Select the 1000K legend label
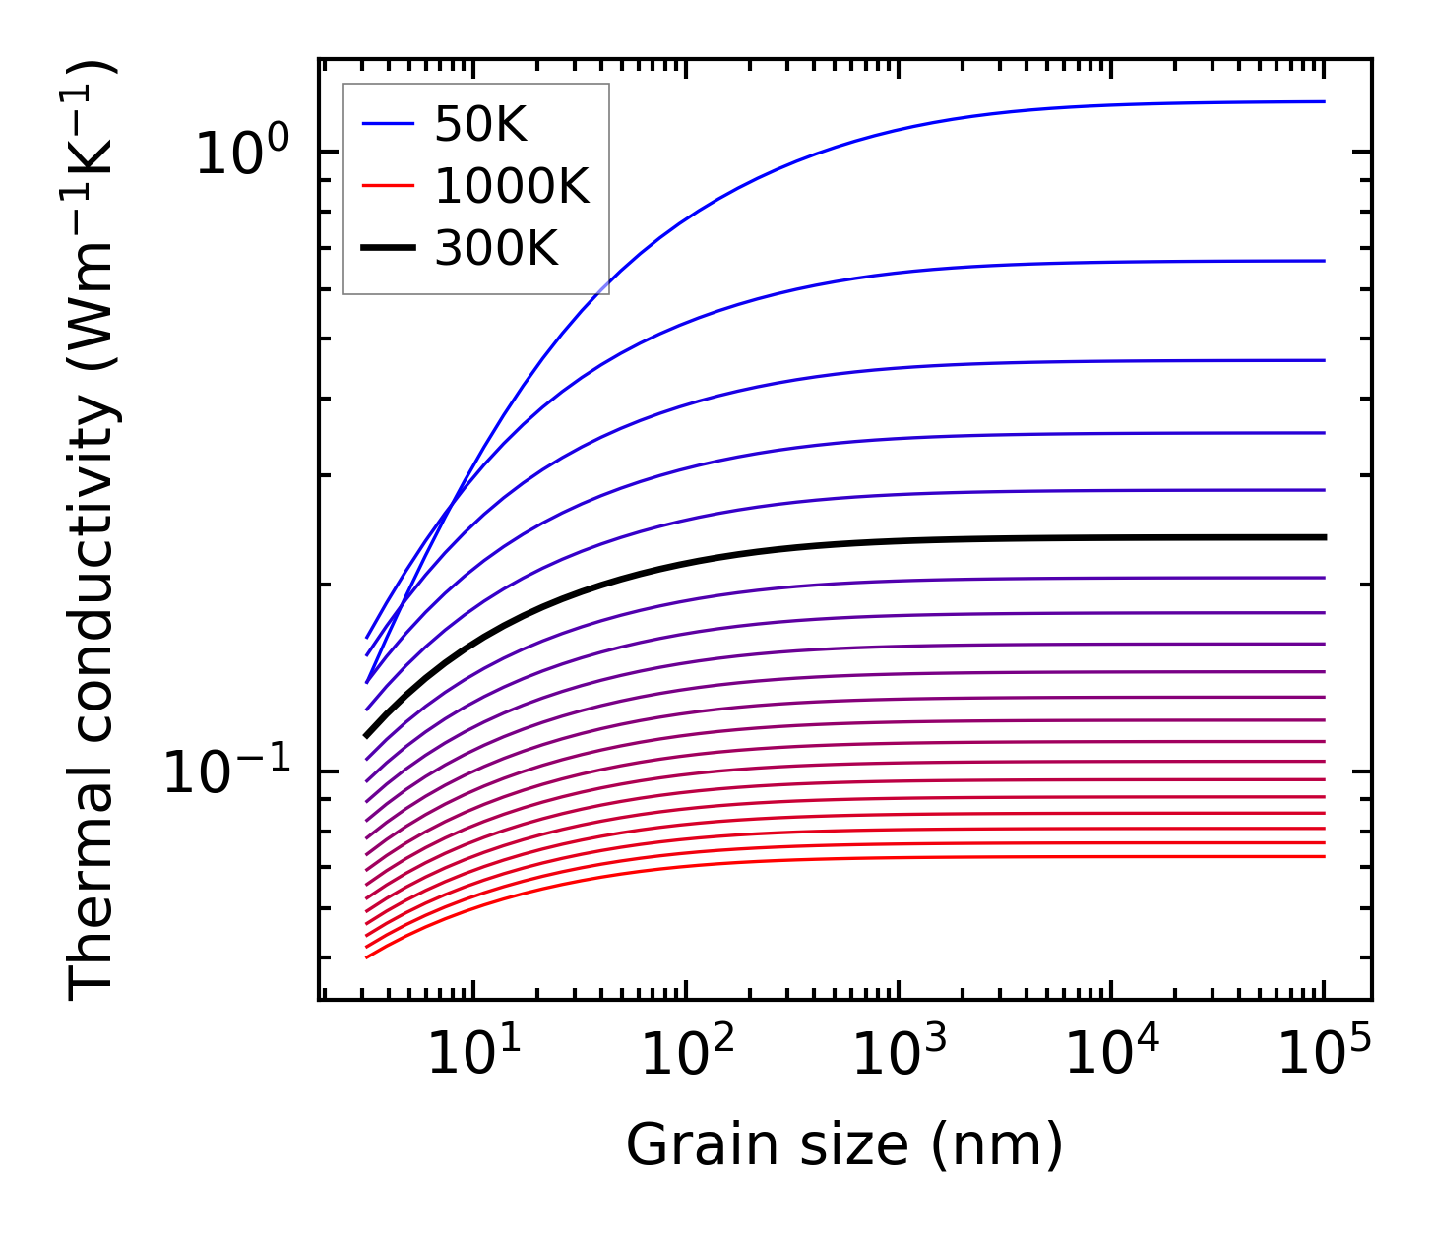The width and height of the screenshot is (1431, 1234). click(x=512, y=186)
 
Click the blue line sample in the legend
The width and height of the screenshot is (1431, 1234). click(x=388, y=124)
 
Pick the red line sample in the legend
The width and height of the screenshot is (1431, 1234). click(x=388, y=186)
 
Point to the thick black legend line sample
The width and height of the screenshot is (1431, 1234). click(x=388, y=249)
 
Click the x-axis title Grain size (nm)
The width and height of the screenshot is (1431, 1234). click(x=844, y=1145)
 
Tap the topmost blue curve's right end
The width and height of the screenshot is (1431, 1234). click(x=1324, y=101)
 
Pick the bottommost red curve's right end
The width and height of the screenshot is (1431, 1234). click(x=1324, y=856)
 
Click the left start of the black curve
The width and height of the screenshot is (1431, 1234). click(x=367, y=735)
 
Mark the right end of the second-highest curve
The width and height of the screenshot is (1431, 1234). click(x=1324, y=261)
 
